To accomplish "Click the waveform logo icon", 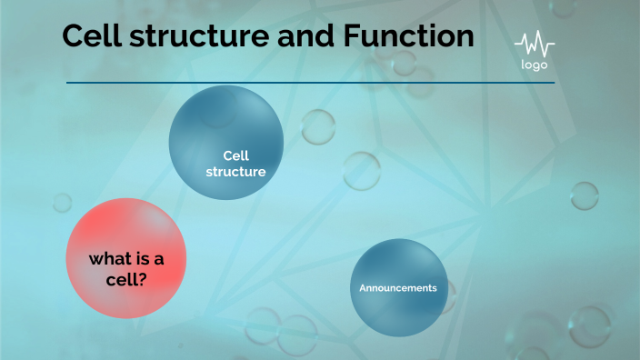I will pyautogui.click(x=534, y=45).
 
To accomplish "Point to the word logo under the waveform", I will pyautogui.click(x=534, y=65).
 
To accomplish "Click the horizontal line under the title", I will pyautogui.click(x=309, y=83).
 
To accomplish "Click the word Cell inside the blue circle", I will pyautogui.click(x=235, y=155).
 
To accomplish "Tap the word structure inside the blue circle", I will pyautogui.click(x=235, y=171).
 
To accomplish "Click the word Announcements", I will pyautogui.click(x=398, y=288).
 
